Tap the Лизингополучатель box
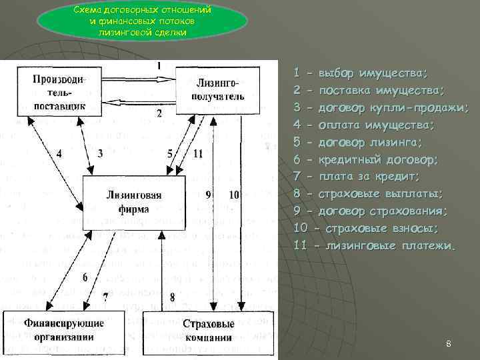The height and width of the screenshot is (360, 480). pos(219,91)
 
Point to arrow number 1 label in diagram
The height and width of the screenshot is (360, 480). pos(159,65)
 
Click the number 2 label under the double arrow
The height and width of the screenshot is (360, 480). pos(159,113)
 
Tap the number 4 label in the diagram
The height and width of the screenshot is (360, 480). pos(59,153)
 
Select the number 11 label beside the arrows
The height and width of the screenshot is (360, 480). pos(197,153)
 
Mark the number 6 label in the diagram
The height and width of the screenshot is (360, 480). pos(85,277)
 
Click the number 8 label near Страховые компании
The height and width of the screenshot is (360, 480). pos(173,297)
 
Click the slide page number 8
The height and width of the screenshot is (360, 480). pos(449,344)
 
